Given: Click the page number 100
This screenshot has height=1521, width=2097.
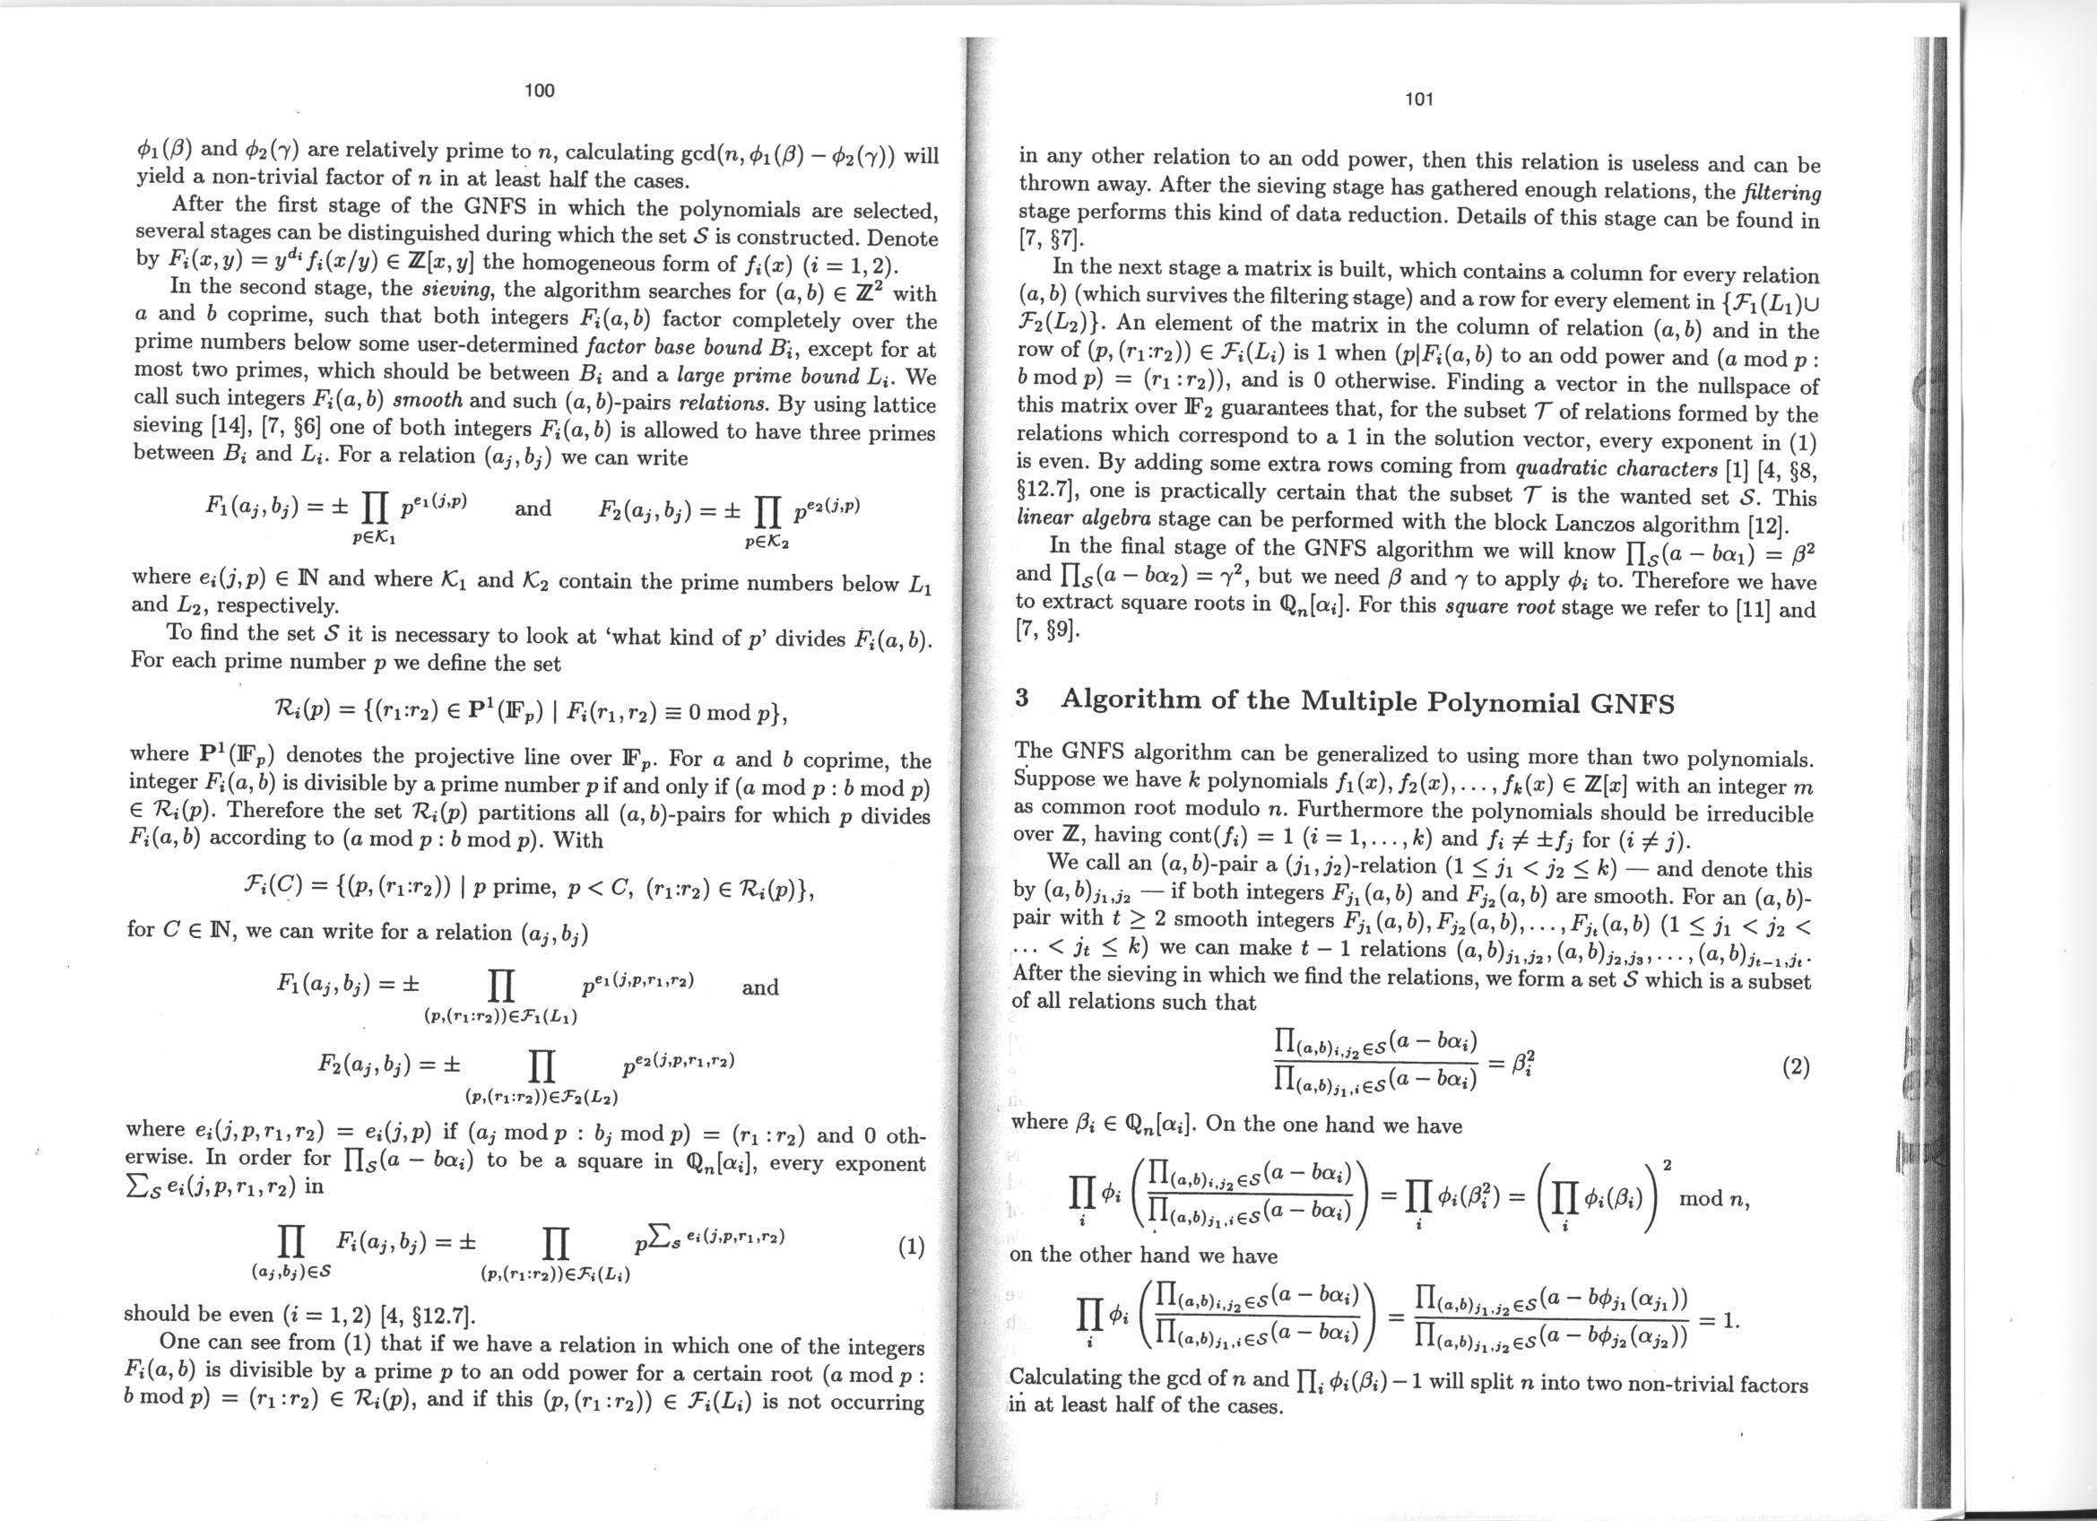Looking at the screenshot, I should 539,90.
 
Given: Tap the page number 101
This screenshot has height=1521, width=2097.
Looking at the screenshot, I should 1418,99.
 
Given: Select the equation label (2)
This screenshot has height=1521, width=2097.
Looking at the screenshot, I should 1795,1069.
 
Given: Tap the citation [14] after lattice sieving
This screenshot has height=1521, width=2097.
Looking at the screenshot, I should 227,429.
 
